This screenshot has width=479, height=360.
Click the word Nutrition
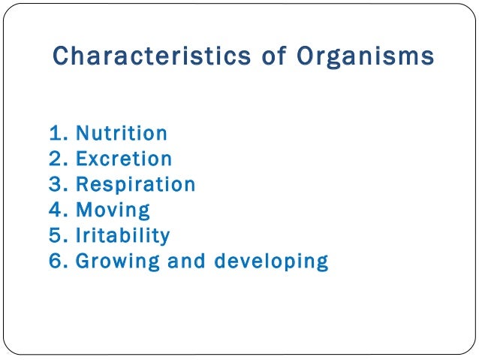(x=122, y=134)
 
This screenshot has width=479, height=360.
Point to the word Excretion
(x=124, y=159)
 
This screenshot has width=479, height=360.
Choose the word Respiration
(x=136, y=185)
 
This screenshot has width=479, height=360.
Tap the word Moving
(x=113, y=210)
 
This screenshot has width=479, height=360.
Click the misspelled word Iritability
(x=123, y=236)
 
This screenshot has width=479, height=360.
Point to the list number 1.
(x=56, y=134)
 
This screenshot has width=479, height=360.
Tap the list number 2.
(x=56, y=159)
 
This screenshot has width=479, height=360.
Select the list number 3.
(x=56, y=185)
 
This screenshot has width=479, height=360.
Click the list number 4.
(x=56, y=210)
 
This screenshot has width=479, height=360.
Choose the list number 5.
(x=56, y=236)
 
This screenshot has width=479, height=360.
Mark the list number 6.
(x=56, y=262)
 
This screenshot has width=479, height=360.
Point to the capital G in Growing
(x=83, y=262)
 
